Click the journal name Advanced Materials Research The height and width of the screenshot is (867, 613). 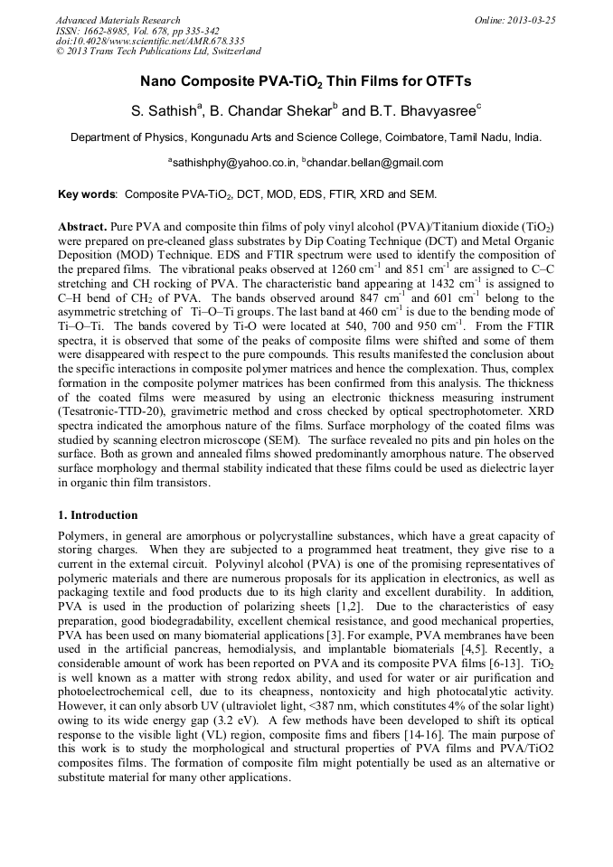118,20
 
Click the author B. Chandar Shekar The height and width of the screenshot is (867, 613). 272,111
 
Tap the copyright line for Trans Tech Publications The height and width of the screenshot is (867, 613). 158,52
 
